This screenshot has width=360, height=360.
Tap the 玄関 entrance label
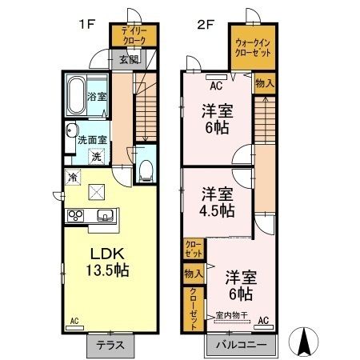tap(128, 58)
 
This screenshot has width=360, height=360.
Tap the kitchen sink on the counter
tap(105, 215)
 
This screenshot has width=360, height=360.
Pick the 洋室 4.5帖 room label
tap(217, 202)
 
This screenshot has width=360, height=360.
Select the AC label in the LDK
tap(74, 322)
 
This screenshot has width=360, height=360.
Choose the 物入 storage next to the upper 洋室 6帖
tap(264, 82)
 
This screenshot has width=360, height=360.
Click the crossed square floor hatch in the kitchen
tap(98, 190)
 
